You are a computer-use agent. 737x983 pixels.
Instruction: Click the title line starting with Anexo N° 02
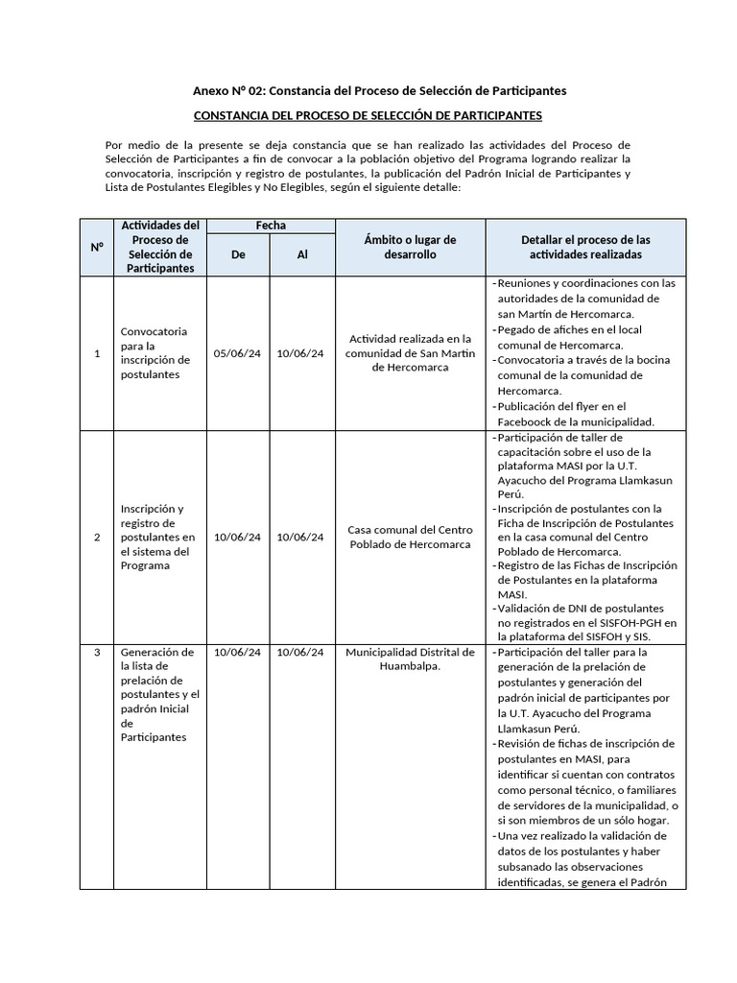(x=379, y=90)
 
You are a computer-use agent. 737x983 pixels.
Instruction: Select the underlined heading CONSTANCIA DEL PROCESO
(x=368, y=115)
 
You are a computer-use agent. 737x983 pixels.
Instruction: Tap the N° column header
(x=97, y=247)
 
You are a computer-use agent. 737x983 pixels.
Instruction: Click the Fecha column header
(x=271, y=226)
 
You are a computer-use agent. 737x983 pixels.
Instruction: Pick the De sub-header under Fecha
(x=238, y=254)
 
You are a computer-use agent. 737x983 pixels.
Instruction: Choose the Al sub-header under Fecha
(x=302, y=254)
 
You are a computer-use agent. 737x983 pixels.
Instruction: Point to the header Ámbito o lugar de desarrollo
(x=410, y=247)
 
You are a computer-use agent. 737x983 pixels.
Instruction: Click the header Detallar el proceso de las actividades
(x=585, y=247)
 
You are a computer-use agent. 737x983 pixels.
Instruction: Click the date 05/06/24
(x=237, y=353)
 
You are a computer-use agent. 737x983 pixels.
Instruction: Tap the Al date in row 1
(x=300, y=353)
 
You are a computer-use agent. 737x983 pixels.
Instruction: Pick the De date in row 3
(x=237, y=653)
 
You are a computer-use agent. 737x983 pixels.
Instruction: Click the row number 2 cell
(x=97, y=538)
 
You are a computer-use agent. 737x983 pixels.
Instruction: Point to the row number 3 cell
(x=97, y=653)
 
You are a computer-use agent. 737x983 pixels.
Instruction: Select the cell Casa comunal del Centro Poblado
(x=410, y=538)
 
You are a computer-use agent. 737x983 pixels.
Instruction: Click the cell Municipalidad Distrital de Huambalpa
(x=410, y=659)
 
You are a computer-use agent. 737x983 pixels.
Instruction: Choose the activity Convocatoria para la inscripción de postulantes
(x=155, y=352)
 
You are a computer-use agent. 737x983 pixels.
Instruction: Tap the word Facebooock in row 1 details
(x=529, y=421)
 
